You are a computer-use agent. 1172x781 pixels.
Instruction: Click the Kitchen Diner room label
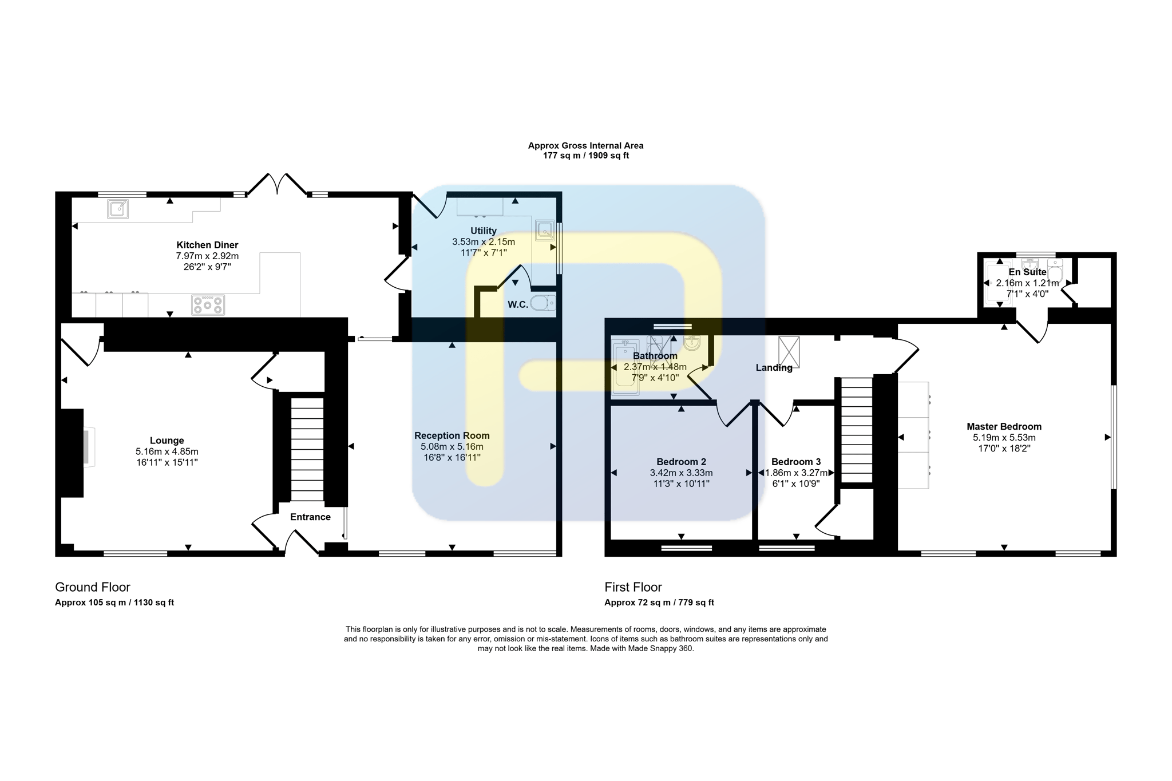coord(207,245)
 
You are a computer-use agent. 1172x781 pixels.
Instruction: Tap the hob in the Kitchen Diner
coord(208,305)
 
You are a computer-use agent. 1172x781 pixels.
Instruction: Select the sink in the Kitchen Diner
coord(118,209)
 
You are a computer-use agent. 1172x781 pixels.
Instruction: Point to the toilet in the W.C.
coord(543,303)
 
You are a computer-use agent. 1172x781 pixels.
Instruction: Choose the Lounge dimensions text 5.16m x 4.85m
coord(167,451)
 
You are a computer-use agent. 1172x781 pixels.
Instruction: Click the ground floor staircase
coord(307,450)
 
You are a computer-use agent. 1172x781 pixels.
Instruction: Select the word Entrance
coord(310,517)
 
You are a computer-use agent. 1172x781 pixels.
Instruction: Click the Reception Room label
coord(452,435)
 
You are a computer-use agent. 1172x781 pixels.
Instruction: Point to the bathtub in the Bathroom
coord(625,367)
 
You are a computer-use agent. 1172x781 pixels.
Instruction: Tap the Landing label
coord(774,368)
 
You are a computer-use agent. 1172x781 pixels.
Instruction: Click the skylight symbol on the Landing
coord(789,352)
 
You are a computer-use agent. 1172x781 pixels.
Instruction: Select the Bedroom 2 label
coord(681,462)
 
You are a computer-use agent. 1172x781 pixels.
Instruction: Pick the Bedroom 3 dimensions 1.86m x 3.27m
coord(796,473)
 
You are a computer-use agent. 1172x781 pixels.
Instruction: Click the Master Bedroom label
coord(1004,427)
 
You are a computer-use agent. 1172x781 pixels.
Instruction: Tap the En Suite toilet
coord(1055,272)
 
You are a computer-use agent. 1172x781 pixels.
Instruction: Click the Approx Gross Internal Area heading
coord(585,146)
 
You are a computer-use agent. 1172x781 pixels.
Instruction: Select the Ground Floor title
coord(93,587)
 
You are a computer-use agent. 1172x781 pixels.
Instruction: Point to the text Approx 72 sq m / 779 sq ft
coord(659,602)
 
